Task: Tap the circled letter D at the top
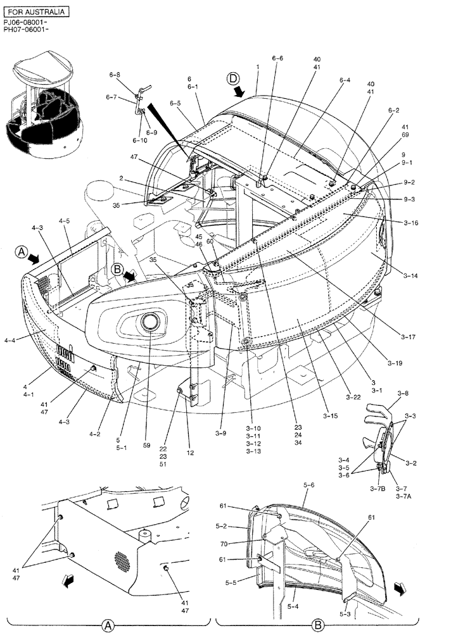[x=234, y=79]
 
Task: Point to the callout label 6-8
[x=114, y=75]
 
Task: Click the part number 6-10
[x=139, y=140]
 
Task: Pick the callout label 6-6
[x=277, y=58]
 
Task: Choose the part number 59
[x=147, y=446]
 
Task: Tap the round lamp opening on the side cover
[x=151, y=322]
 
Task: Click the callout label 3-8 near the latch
[x=403, y=393]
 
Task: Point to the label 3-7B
[x=379, y=488]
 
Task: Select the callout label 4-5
[x=65, y=221]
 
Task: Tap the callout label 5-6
[x=309, y=485]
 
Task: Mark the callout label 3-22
[x=353, y=397]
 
